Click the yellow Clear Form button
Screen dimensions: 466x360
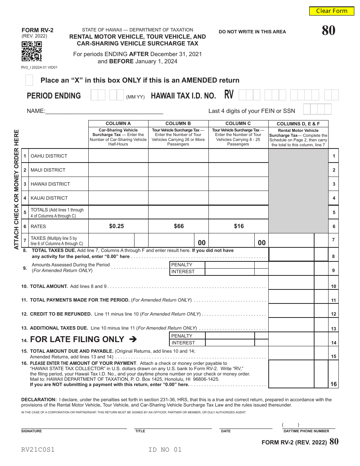(332, 11)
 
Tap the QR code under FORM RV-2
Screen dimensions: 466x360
(31, 52)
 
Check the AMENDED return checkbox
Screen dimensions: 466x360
(29, 80)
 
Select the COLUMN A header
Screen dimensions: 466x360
(118, 124)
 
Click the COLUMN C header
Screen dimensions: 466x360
(238, 124)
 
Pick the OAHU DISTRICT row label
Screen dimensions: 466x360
(49, 156)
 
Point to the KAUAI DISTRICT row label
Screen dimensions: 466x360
(49, 198)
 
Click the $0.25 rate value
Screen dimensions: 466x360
(116, 226)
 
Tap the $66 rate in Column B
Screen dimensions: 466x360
(178, 226)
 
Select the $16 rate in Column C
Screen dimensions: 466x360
(239, 226)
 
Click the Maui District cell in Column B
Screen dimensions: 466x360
(178, 170)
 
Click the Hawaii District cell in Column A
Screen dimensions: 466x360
(118, 184)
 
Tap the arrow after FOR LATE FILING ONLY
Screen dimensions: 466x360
(133, 339)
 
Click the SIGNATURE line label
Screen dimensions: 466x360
(31, 431)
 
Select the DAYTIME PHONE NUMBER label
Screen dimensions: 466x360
(306, 431)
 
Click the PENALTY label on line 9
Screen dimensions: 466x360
(182, 265)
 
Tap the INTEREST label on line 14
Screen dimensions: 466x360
(183, 343)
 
